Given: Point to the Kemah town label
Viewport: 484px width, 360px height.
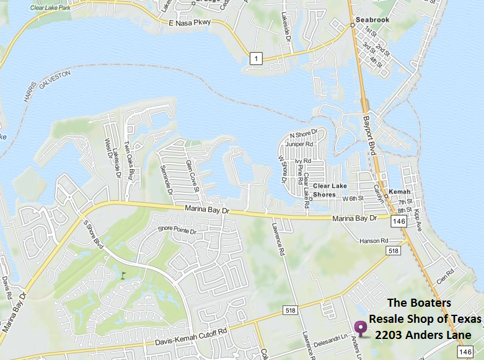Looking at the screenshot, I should (x=400, y=192).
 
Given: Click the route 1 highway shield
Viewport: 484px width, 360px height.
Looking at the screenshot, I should (x=255, y=59).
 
